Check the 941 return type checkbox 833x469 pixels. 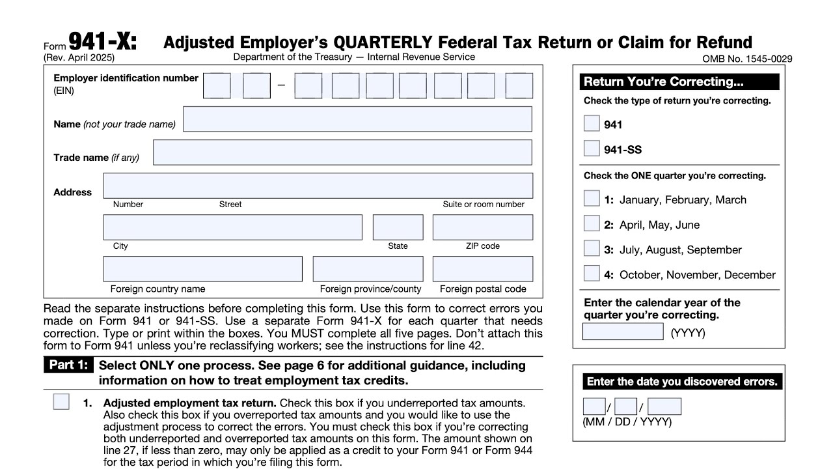coord(592,124)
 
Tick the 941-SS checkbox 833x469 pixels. coord(592,149)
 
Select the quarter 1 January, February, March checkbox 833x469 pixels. coord(592,199)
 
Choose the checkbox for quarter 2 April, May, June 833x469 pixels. coord(592,223)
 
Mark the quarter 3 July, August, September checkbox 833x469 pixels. coord(592,248)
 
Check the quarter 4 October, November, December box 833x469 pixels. coord(592,274)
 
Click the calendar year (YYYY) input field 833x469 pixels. coord(623,332)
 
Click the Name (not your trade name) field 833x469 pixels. coord(357,119)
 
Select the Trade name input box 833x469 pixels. coord(342,152)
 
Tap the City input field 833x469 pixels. coord(232,227)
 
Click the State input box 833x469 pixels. coord(398,227)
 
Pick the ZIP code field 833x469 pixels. coord(482,227)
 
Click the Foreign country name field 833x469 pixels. coord(202,269)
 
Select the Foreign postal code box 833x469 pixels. coord(482,269)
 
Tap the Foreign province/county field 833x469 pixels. coord(368,269)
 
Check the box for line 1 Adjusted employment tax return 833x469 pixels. coord(61,402)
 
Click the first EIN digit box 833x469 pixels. coord(217,86)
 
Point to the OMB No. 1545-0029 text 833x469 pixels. coord(747,59)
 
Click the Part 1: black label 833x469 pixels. coord(68,365)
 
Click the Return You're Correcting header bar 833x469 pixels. coord(679,81)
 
